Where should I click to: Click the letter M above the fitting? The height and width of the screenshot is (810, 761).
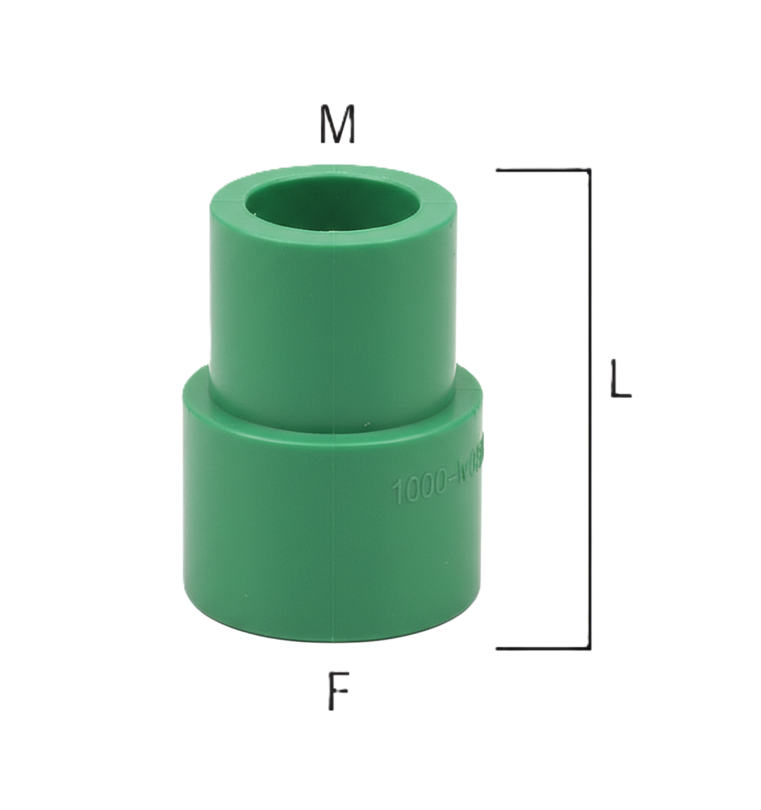pyautogui.click(x=338, y=126)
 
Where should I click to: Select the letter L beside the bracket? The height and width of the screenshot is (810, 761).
pyautogui.click(x=620, y=379)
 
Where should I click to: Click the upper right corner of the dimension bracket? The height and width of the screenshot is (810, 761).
pyautogui.click(x=589, y=169)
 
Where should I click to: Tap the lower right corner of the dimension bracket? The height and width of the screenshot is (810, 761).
pyautogui.click(x=589, y=648)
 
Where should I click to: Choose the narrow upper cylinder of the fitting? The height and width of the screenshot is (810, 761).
pyautogui.click(x=276, y=322)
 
